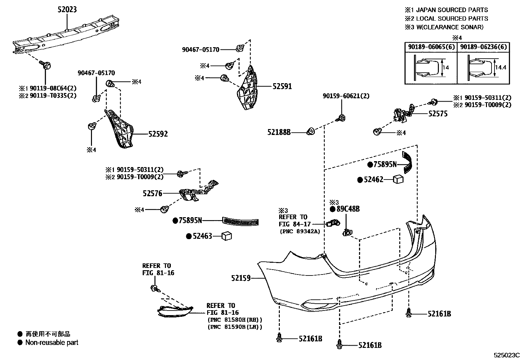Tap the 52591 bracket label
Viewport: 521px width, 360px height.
click(x=282, y=86)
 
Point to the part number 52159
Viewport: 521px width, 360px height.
click(x=241, y=278)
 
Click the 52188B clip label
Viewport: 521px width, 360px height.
click(x=279, y=132)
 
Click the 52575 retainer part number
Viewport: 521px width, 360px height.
click(x=438, y=114)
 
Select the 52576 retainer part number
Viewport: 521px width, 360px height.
click(x=153, y=193)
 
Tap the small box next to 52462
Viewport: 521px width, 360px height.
click(x=398, y=179)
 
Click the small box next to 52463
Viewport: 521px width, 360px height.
click(x=226, y=236)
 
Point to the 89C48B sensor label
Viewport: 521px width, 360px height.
click(x=348, y=209)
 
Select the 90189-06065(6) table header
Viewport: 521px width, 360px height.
click(x=431, y=47)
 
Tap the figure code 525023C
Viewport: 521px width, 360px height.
click(x=506, y=355)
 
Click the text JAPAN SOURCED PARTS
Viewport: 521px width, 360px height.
click(x=452, y=10)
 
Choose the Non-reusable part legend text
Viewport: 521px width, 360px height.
click(x=52, y=343)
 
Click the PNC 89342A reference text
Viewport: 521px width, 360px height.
click(x=299, y=231)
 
